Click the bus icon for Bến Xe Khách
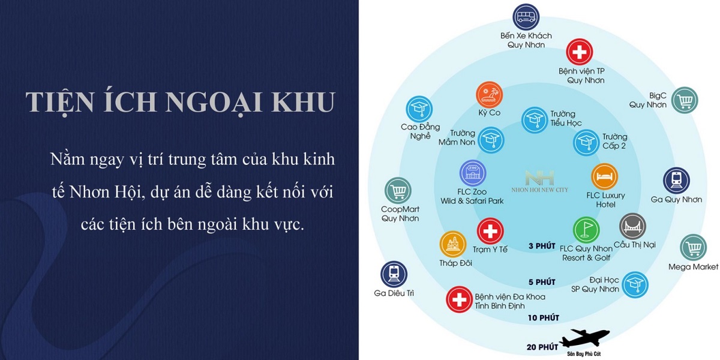526,17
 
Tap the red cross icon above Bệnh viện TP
580,53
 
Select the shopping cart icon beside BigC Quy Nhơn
684,100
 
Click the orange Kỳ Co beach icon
489,95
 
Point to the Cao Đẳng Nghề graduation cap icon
419,109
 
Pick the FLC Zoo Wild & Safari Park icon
472,173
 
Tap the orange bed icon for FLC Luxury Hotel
604,177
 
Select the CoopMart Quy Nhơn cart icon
398,191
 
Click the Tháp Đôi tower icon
453,244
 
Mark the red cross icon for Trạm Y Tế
490,231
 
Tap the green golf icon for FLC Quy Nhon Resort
586,230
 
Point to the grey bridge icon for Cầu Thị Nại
632,227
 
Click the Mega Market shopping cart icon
694,247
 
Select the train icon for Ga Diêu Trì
394,274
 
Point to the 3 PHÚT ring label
542,246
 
